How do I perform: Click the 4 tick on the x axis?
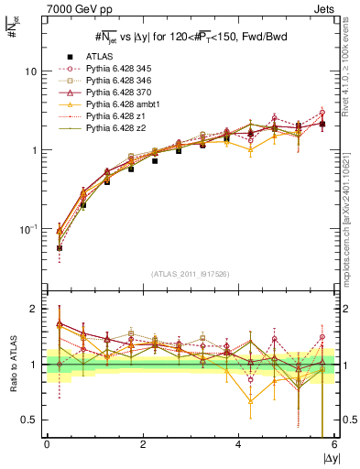click(x=239, y=446)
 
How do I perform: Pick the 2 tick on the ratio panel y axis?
click(x=35, y=310)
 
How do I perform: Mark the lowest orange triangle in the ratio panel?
click(x=250, y=401)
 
